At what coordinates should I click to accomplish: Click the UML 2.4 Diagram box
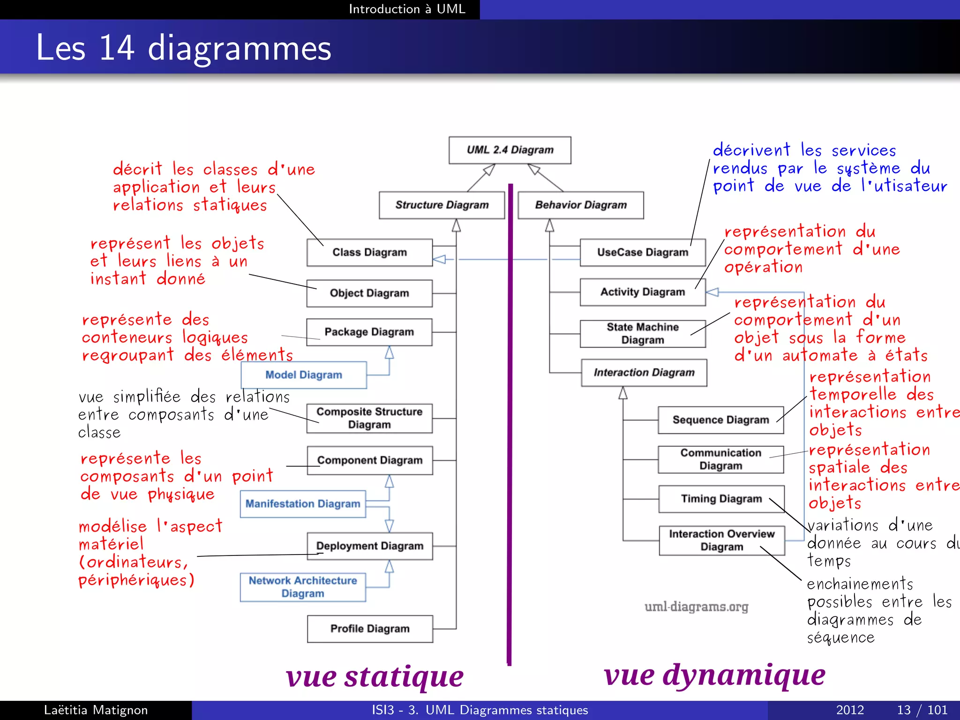tap(510, 150)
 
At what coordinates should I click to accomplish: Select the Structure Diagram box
tap(442, 205)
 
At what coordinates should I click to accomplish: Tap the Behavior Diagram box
tap(580, 205)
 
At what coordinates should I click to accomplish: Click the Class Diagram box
tap(369, 252)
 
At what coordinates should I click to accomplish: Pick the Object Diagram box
tap(369, 293)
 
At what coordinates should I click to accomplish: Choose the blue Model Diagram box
tap(304, 375)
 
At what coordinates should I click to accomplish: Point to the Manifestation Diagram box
tap(303, 504)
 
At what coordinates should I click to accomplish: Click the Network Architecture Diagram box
tap(303, 587)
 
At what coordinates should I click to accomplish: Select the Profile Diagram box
tap(370, 629)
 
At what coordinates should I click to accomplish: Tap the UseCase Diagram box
tap(642, 252)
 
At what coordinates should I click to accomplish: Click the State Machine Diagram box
tap(642, 333)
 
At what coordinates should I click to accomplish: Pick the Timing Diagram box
tap(721, 499)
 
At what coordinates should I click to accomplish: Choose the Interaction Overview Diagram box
tap(721, 540)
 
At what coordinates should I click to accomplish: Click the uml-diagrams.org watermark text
tap(696, 607)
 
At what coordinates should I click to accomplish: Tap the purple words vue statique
tap(375, 677)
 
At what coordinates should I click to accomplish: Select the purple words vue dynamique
tap(714, 675)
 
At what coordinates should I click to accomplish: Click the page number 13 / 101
tap(922, 710)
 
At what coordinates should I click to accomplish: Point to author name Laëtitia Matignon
tap(96, 710)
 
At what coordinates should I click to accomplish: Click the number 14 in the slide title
tap(117, 48)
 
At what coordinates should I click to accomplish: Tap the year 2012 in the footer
tap(850, 710)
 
